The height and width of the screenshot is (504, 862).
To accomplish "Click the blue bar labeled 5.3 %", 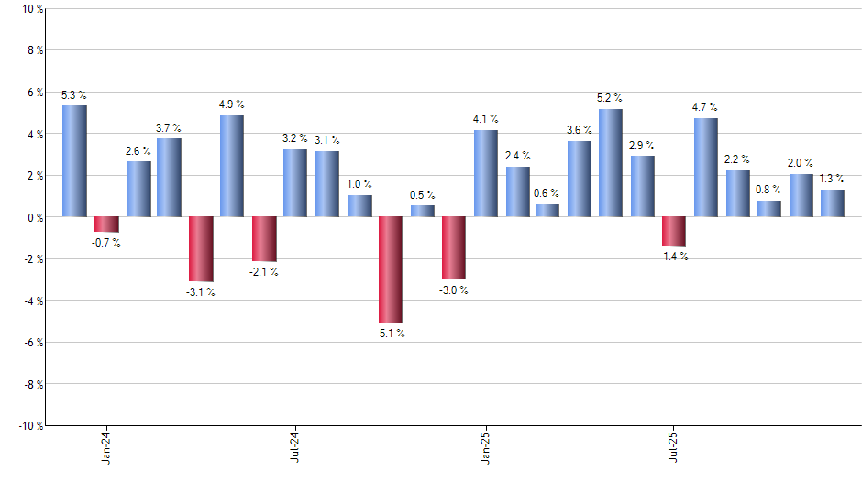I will pos(74,161).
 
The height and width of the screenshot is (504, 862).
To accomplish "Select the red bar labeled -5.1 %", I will pos(390,269).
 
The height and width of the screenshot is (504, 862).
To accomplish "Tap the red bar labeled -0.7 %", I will pos(106,225).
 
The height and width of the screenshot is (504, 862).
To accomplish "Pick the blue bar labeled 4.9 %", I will pos(232,166).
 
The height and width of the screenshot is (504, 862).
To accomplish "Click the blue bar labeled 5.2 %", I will pos(611,163).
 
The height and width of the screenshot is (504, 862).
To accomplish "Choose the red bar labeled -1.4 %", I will pos(674,231).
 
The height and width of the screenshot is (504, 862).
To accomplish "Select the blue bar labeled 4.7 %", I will pos(705,168).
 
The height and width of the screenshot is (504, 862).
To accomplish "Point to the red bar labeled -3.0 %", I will pos(453,247).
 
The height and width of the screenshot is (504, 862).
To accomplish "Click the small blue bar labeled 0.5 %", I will pos(422,211).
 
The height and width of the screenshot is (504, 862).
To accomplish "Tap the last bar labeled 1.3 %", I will pos(832,203).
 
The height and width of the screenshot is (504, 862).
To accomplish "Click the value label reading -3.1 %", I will pos(200,292).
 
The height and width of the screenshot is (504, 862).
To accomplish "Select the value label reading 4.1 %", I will pos(485,119).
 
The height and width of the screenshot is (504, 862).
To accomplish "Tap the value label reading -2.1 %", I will pos(263,272).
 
